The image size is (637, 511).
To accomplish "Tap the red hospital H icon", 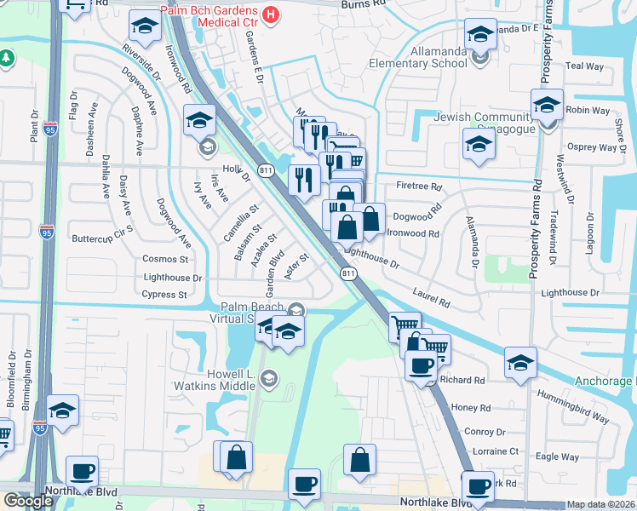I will [x=271, y=14].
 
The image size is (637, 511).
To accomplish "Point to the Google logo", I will [x=28, y=501].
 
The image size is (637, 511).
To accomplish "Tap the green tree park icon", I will [x=7, y=58].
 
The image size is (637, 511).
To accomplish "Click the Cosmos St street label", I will [x=166, y=259].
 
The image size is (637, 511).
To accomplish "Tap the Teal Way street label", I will [x=584, y=66].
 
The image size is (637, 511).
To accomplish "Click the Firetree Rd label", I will [x=420, y=187].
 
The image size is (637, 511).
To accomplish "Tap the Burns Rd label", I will [x=364, y=4].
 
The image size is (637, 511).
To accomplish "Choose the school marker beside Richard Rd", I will [x=520, y=362].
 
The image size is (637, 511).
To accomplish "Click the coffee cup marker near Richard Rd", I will [x=419, y=366].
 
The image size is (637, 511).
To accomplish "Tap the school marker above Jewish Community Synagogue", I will [x=547, y=104].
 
